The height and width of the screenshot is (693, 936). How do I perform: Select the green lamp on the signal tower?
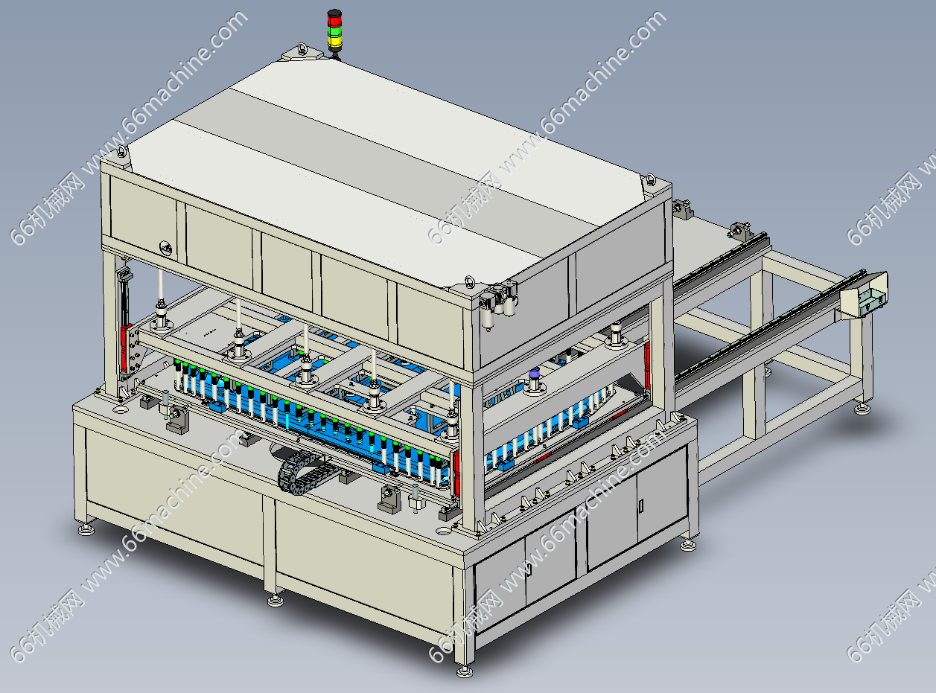335,31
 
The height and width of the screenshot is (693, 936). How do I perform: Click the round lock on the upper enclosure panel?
166,248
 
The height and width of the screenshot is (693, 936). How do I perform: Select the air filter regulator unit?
498,304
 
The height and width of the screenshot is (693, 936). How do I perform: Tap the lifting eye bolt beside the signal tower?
302,48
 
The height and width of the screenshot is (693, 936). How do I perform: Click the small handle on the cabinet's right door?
641,505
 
